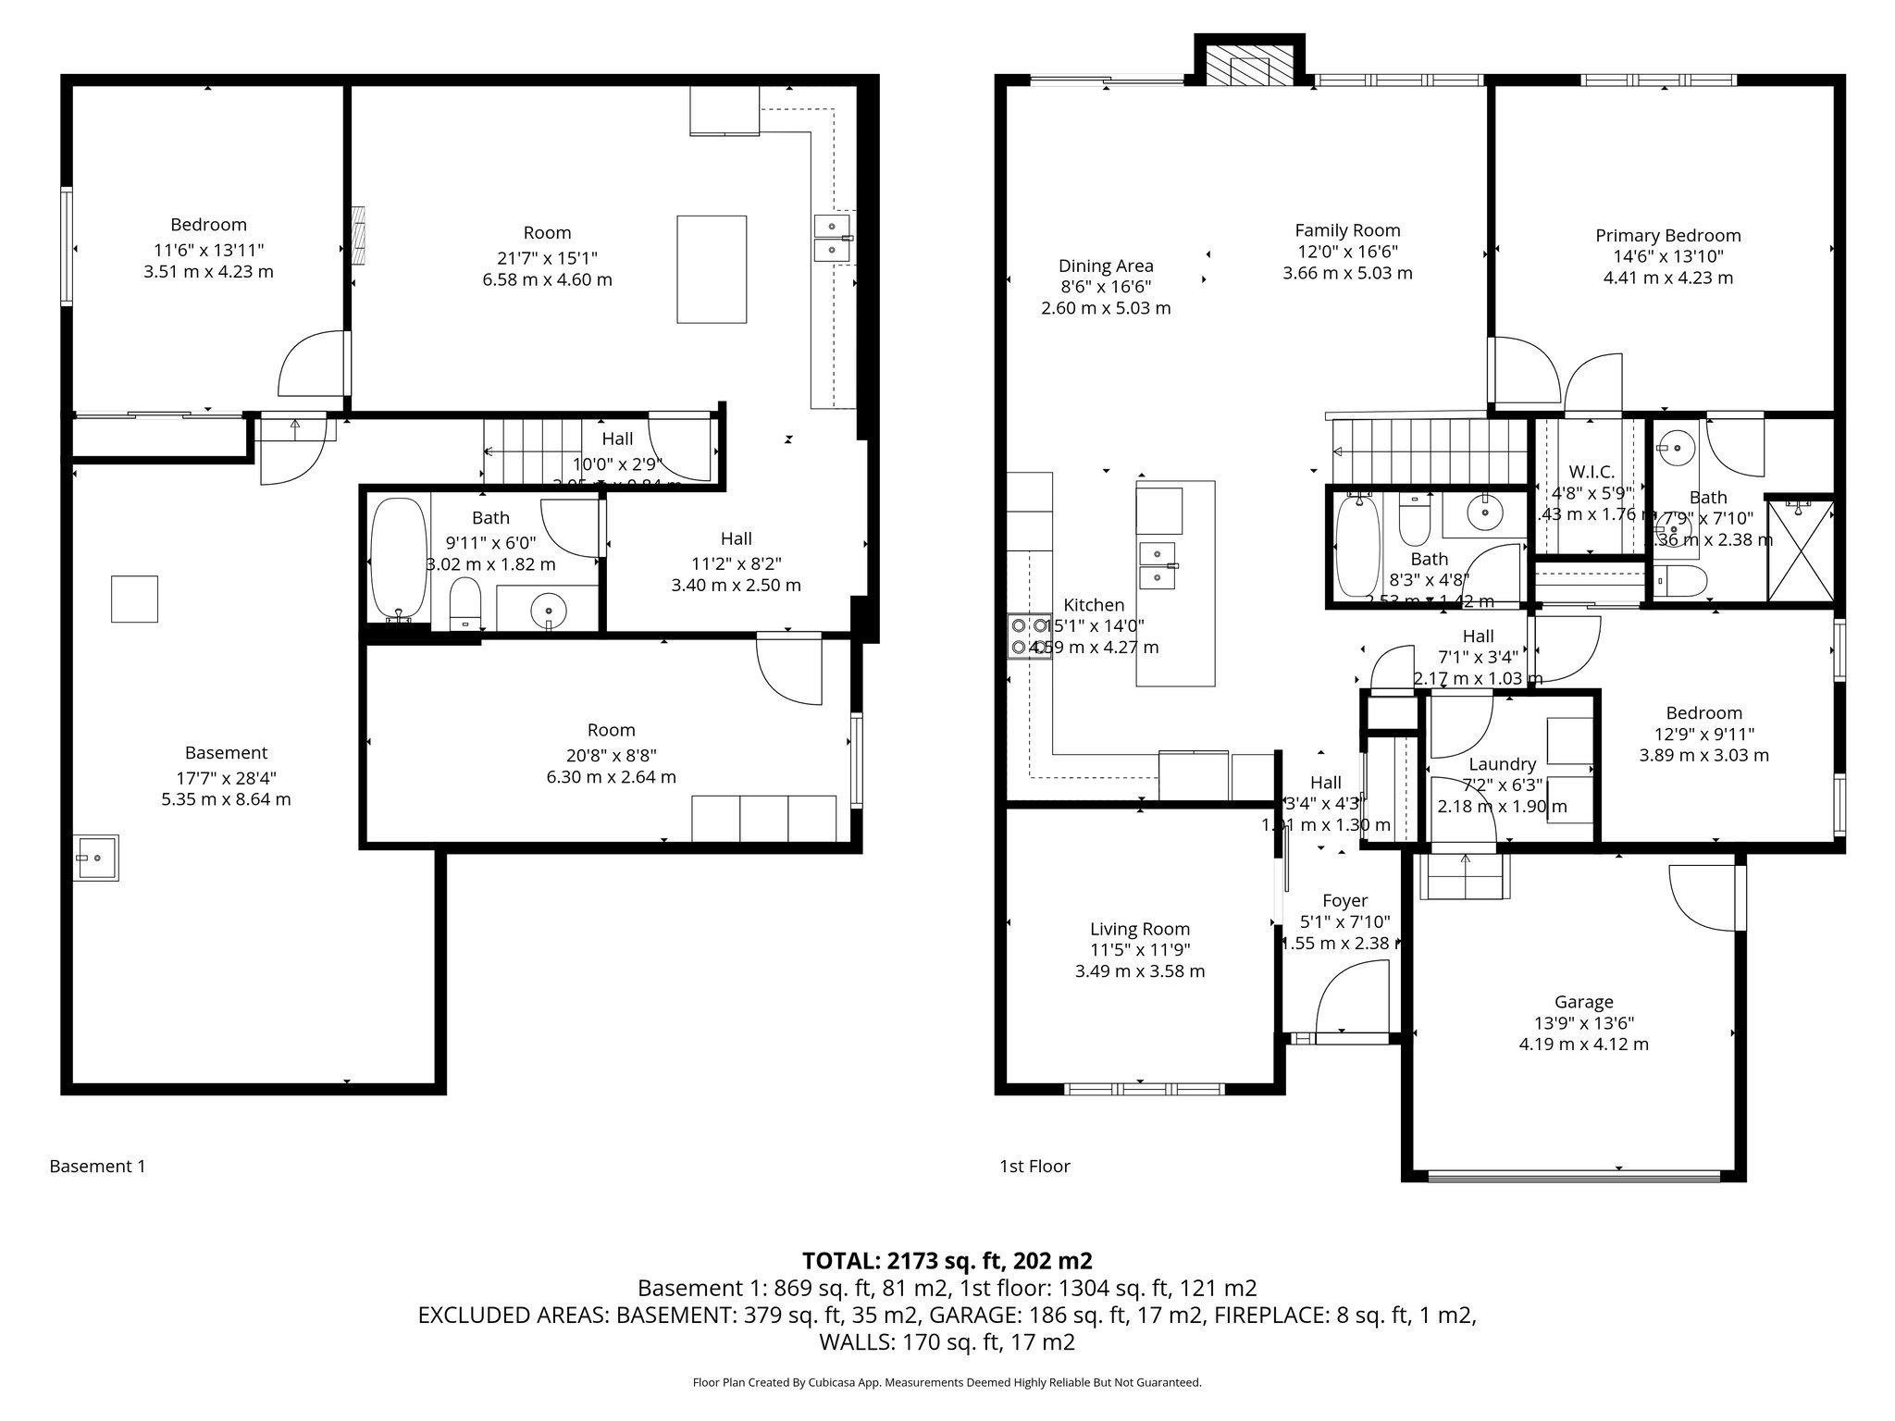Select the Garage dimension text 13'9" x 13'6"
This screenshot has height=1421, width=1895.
1583,1023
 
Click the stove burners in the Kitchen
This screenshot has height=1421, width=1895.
1029,636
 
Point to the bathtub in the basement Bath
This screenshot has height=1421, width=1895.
398,559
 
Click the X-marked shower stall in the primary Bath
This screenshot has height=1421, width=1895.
1800,551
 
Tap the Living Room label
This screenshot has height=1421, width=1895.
1139,929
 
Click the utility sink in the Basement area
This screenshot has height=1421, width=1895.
95,858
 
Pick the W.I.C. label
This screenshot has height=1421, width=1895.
1592,472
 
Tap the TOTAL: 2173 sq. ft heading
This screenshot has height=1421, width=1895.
947,1260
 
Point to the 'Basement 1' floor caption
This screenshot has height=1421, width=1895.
97,1167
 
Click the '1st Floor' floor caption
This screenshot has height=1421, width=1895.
1034,1167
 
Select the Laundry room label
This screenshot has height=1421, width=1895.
1502,764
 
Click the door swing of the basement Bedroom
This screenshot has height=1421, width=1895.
310,365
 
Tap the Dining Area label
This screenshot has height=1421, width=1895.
1106,266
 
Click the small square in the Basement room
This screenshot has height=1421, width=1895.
134,598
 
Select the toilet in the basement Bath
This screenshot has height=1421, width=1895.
464,603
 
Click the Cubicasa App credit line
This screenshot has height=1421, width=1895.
947,1383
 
